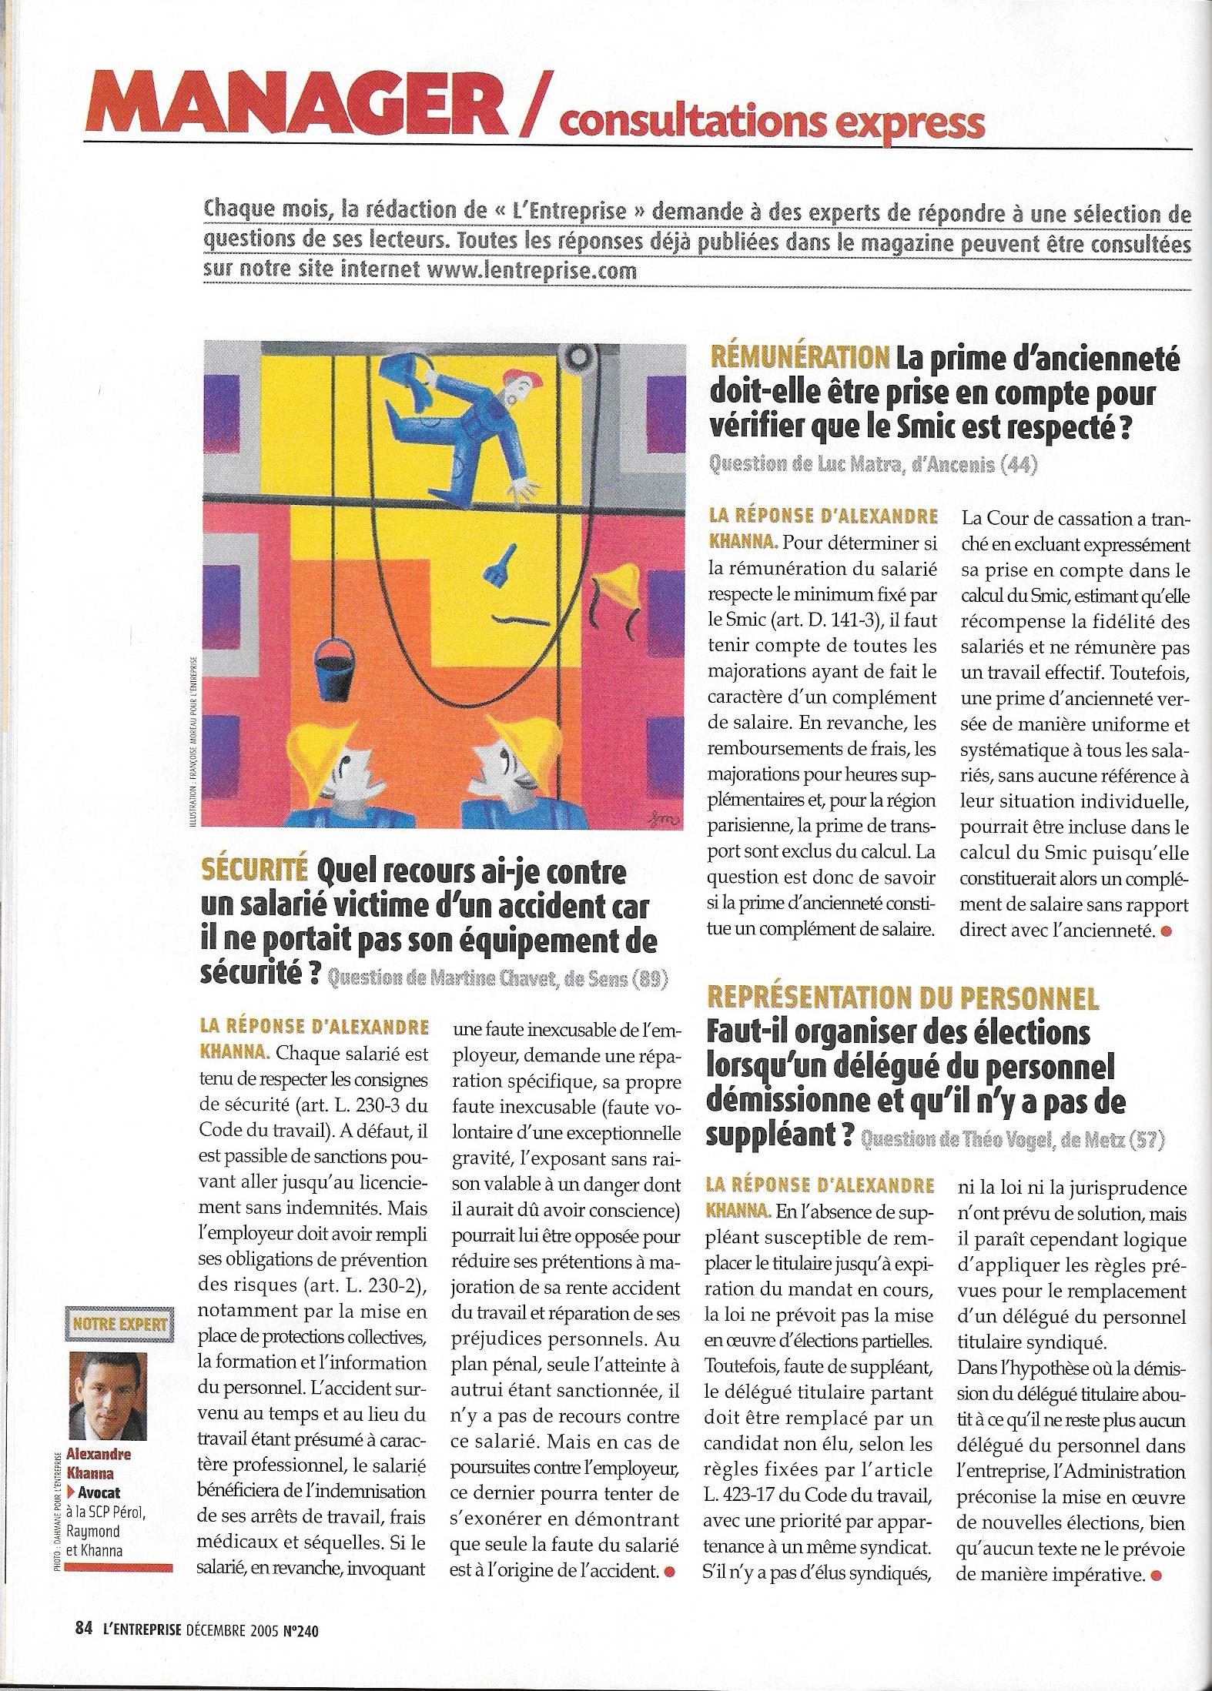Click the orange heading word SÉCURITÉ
(253, 872)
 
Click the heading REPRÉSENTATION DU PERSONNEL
(902, 998)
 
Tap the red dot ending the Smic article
(1167, 931)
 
